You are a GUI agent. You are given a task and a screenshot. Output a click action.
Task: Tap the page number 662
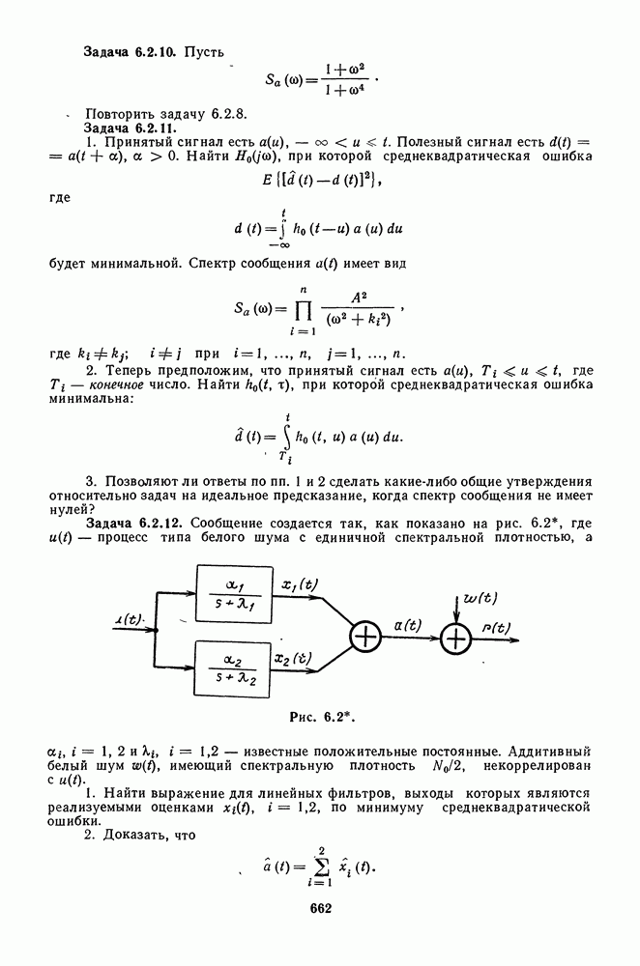pos(321,907)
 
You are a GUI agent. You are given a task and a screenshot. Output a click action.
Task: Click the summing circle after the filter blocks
pos(366,637)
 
